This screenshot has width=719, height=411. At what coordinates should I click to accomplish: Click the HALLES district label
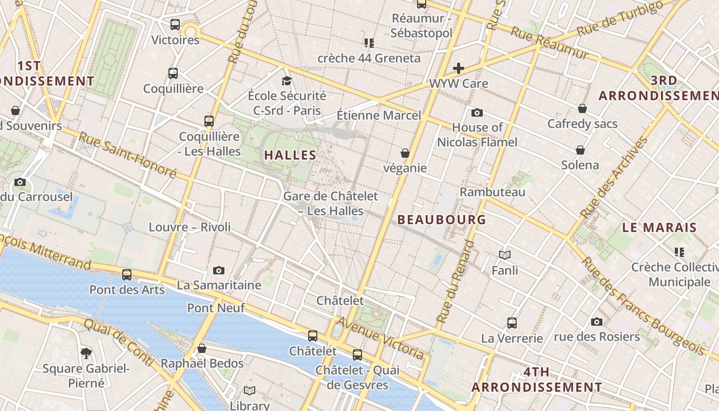click(x=290, y=155)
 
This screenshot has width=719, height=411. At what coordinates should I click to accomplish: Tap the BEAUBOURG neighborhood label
click(x=442, y=219)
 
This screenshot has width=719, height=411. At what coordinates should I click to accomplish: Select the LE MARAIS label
click(x=659, y=227)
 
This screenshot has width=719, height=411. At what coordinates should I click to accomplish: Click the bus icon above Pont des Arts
click(x=127, y=275)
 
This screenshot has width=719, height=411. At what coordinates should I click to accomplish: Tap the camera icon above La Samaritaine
click(x=219, y=270)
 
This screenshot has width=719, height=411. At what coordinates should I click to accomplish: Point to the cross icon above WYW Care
click(x=459, y=68)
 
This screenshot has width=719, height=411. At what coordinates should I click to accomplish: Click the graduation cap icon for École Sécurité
click(x=287, y=81)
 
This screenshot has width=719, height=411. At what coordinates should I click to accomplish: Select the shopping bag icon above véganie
click(x=405, y=153)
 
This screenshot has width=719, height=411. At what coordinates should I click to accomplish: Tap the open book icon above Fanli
click(x=505, y=255)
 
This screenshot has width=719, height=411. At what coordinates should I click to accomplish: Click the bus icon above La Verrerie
click(x=512, y=323)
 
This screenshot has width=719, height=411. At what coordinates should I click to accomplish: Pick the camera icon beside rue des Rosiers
click(x=596, y=322)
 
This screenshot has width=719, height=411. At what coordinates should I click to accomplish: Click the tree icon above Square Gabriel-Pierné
click(x=86, y=353)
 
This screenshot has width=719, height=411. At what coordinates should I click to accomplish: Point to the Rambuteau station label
click(x=493, y=192)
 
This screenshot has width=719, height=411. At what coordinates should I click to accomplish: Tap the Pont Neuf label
click(x=216, y=308)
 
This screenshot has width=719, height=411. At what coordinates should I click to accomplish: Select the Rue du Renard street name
click(x=455, y=282)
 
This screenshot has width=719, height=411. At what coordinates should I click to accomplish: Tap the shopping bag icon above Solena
click(x=580, y=150)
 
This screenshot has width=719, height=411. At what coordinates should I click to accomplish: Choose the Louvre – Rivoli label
click(x=190, y=227)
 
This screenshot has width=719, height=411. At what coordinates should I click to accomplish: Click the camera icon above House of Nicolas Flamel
click(x=477, y=113)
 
